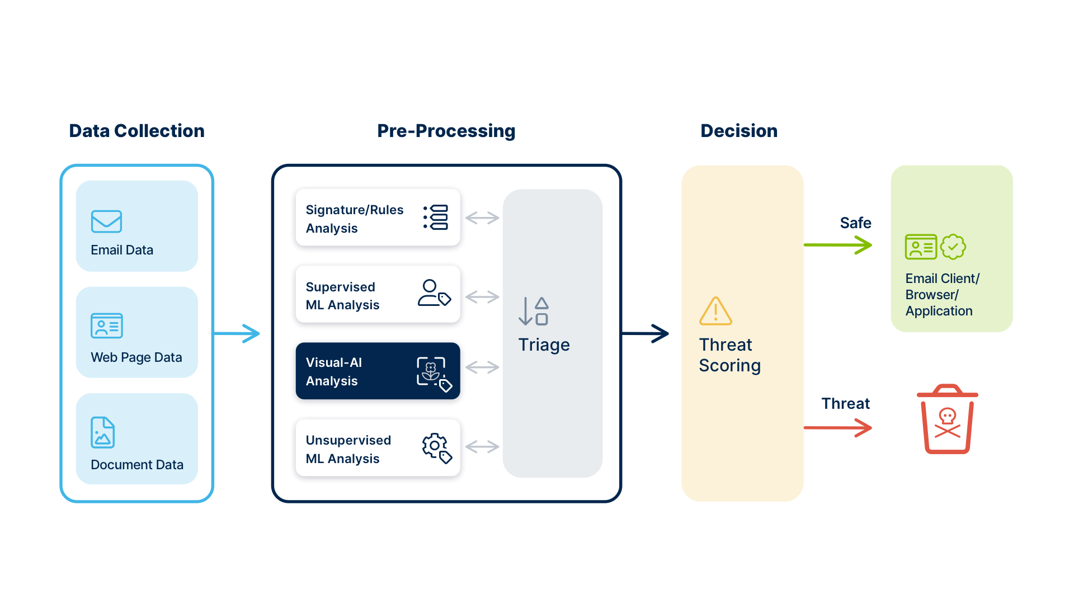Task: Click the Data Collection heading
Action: pos(136,131)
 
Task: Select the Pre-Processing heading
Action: pos(446,131)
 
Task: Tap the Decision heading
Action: pos(738,131)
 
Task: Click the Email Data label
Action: pos(122,250)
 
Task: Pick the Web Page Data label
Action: pos(136,357)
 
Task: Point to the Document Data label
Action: pos(136,465)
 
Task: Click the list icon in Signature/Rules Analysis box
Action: pos(436,217)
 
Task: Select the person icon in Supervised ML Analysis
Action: pos(434,293)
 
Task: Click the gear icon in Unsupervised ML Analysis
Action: pos(436,448)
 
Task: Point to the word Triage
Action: pos(543,345)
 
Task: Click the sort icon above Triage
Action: pos(534,312)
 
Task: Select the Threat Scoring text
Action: pos(729,355)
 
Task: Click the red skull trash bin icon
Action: pos(947,419)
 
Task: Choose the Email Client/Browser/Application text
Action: pos(941,295)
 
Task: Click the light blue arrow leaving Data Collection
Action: pos(238,334)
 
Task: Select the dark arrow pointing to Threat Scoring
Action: pos(646,334)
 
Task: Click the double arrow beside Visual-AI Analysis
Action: pos(482,367)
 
